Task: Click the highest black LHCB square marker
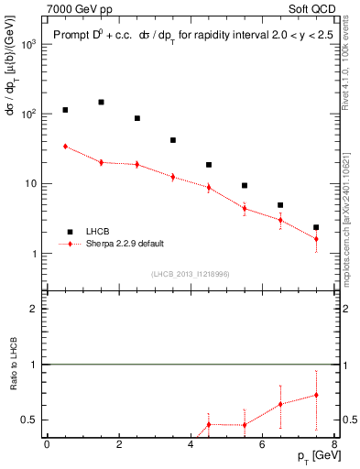coord(101,103)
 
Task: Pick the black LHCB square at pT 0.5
coord(65,110)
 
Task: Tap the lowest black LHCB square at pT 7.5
coord(316,227)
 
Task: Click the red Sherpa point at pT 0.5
coord(65,147)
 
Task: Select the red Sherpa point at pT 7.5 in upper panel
coord(316,239)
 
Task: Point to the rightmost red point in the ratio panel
coord(316,396)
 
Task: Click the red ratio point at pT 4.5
coord(209,424)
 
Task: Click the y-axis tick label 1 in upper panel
coord(35,254)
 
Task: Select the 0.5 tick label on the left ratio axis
coord(29,420)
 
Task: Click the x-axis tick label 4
coord(191,446)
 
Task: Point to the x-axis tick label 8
coord(334,446)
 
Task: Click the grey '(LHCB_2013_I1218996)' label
coord(191,275)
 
